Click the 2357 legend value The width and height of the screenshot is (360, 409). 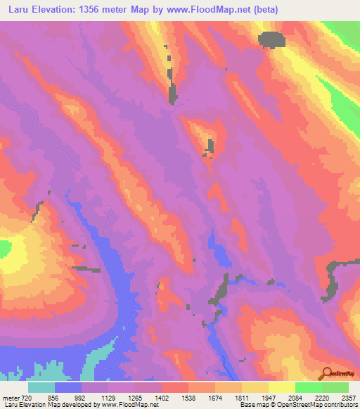348,397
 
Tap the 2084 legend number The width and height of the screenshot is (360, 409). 295,397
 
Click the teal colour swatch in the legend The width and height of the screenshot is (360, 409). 41,387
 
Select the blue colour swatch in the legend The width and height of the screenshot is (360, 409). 68,387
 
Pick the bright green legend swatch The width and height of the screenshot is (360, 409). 309,387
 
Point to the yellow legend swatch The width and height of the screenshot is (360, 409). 282,387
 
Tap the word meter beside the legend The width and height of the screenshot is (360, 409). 11,397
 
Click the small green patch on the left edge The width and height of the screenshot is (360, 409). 5,248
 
